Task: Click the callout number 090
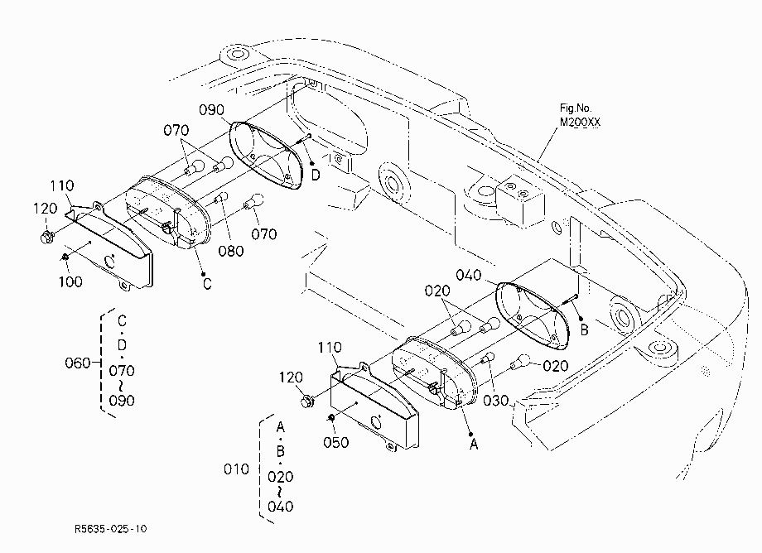(x=211, y=110)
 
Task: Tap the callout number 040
(x=469, y=276)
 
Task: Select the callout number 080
(x=231, y=251)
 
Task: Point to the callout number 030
(x=495, y=401)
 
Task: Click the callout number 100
(x=70, y=281)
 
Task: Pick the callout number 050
(x=335, y=442)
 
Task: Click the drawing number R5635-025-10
(x=110, y=529)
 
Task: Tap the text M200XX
(x=580, y=122)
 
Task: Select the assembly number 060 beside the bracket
(x=78, y=363)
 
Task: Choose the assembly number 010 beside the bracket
(x=236, y=469)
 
